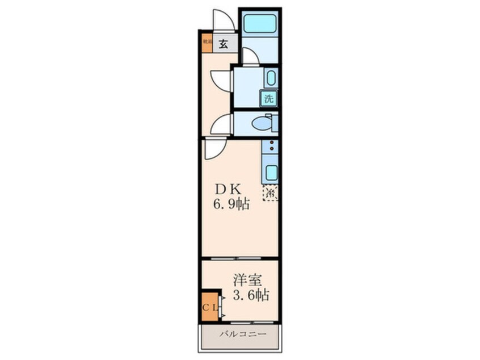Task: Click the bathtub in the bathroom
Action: pos(259,23)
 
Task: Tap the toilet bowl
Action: pos(263,123)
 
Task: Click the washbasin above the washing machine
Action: pos(270,78)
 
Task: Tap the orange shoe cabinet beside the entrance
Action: pos(207,44)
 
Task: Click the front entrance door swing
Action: pos(224,19)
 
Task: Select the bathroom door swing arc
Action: pos(248,56)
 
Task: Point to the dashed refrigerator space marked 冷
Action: pos(271,193)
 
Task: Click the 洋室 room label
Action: pos(248,280)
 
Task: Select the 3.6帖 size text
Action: pos(250,295)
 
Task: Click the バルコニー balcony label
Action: pos(239,334)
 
